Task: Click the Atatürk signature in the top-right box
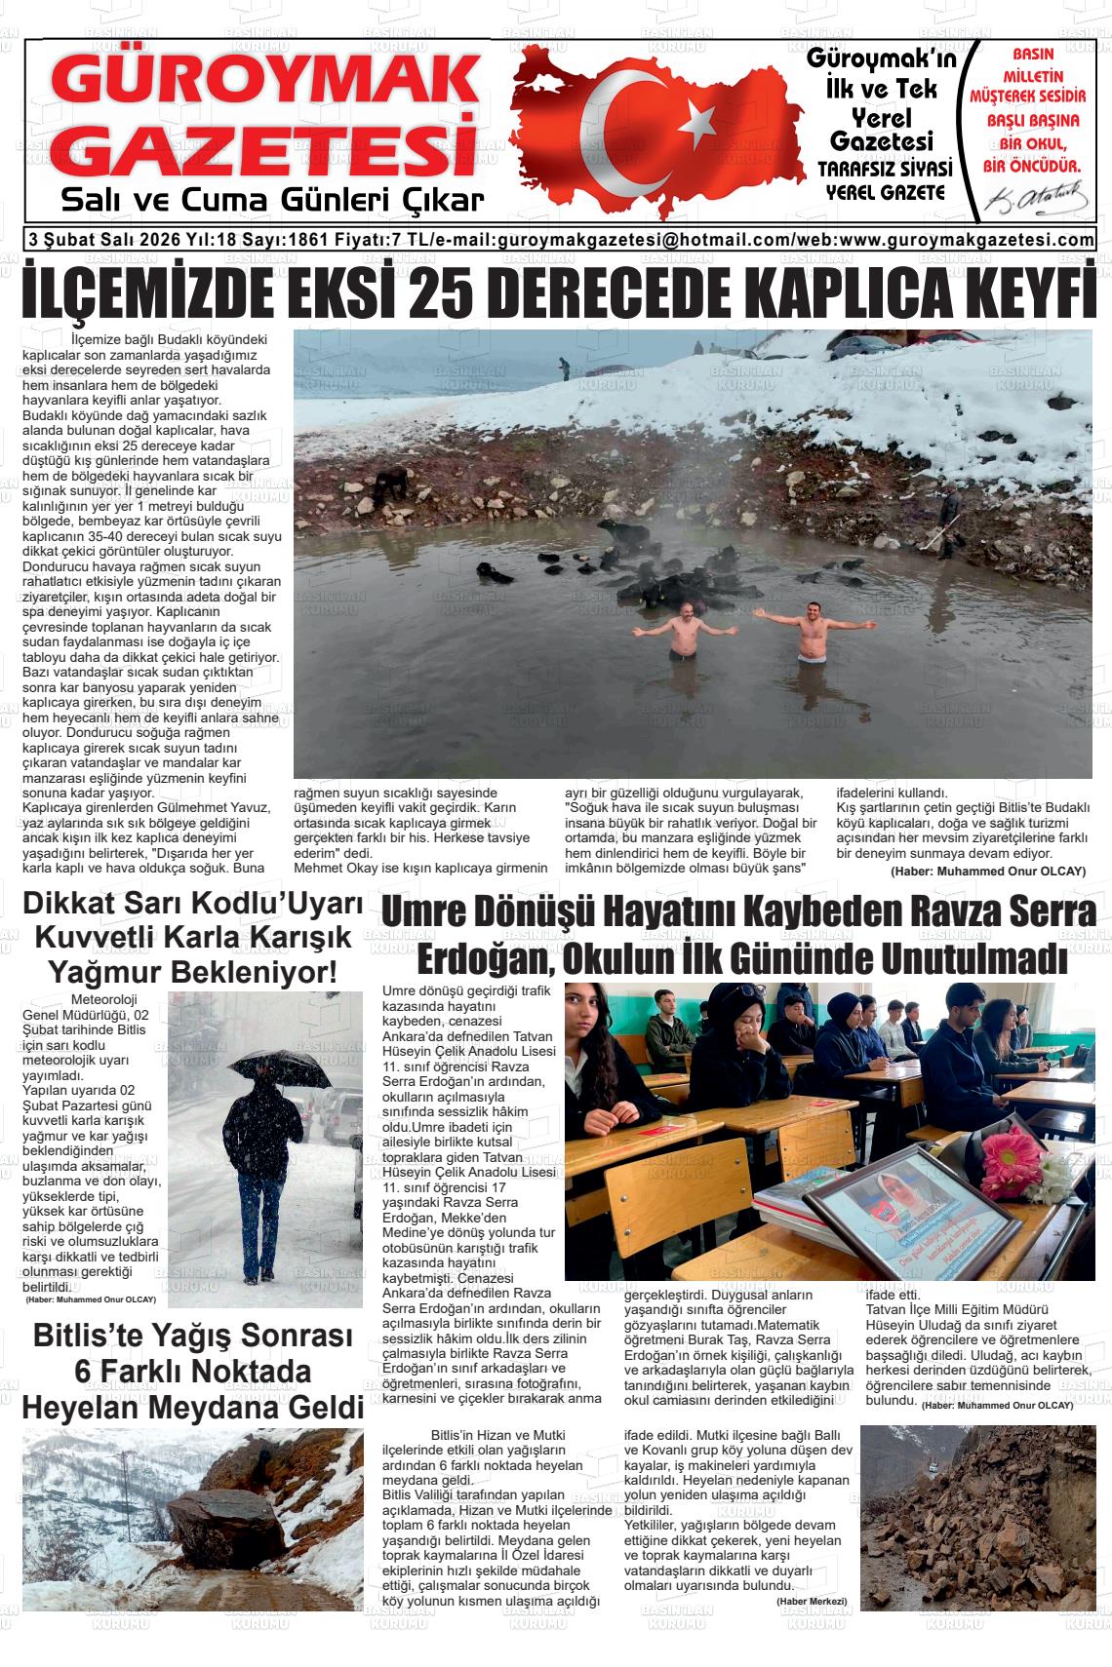1036,200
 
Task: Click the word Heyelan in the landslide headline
90,1407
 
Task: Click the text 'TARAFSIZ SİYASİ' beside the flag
886,169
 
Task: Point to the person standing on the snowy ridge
564,368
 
